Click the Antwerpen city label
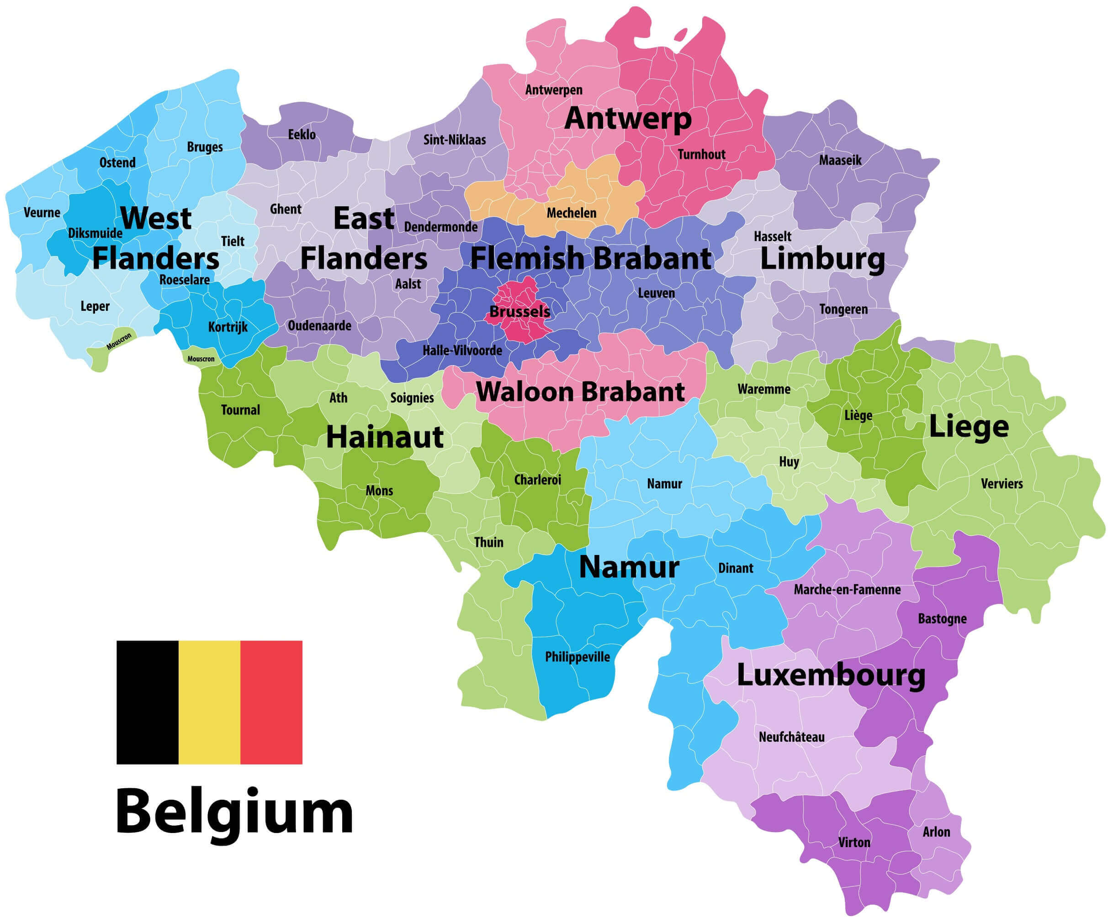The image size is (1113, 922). [553, 90]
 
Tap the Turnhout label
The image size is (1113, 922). [701, 154]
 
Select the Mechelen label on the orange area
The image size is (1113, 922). [571, 213]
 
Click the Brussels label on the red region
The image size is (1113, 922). [519, 311]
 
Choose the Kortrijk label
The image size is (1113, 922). [228, 327]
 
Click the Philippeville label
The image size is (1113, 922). [577, 657]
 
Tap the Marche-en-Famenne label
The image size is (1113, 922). [847, 589]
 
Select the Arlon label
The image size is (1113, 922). [936, 832]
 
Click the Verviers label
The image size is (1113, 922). [1001, 483]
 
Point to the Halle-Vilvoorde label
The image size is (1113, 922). [462, 350]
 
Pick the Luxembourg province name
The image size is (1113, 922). [831, 676]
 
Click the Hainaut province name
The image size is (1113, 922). [384, 437]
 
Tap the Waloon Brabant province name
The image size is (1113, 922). [580, 393]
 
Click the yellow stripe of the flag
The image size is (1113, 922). [209, 702]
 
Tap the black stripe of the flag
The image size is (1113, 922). [147, 702]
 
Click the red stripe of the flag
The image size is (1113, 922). [271, 702]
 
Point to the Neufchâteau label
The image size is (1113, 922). [791, 737]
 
